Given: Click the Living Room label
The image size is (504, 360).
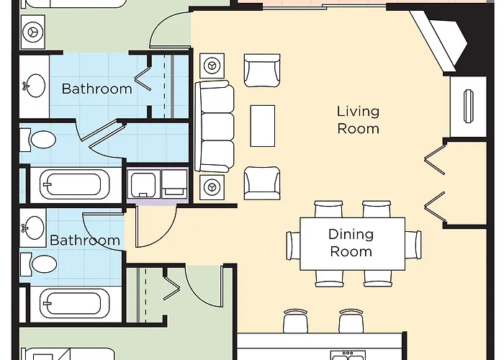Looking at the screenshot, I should (x=358, y=120).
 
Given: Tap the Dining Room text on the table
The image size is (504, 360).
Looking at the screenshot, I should (x=351, y=243).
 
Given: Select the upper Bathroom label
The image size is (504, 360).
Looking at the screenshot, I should (x=96, y=89).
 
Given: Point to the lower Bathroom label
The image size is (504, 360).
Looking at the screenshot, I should (x=84, y=240).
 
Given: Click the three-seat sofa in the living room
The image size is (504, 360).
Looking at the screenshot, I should (x=215, y=126).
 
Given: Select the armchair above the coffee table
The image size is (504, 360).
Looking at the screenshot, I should (x=261, y=71).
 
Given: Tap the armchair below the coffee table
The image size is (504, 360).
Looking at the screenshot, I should (x=261, y=182).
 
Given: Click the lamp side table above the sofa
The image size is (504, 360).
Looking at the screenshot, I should (x=212, y=65).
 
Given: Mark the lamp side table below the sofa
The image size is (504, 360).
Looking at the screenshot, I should (x=212, y=188).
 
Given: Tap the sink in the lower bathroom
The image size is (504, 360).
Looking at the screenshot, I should (x=32, y=229).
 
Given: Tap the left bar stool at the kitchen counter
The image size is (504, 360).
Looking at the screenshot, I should (x=296, y=321).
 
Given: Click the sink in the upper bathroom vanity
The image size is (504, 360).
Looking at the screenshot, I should (x=32, y=86).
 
